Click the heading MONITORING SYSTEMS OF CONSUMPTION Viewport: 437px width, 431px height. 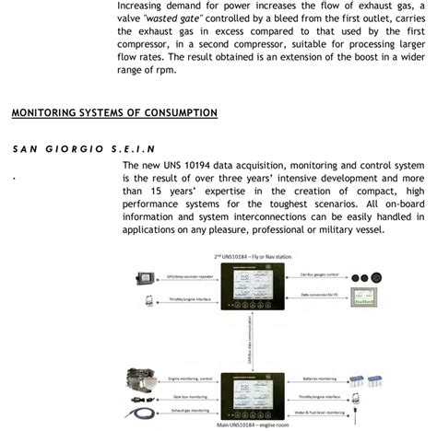click(x=114, y=113)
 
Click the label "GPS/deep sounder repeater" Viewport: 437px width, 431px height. click(x=186, y=274)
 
